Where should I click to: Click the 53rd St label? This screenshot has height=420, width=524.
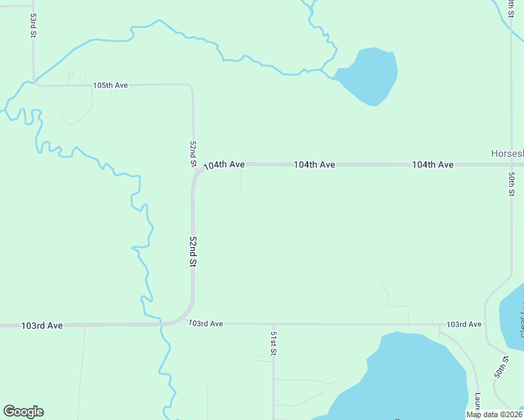[x=33, y=24]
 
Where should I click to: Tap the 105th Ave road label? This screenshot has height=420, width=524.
[x=111, y=85]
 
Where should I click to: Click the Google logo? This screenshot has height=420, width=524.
[x=23, y=412]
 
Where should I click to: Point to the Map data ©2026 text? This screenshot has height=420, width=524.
[x=494, y=414]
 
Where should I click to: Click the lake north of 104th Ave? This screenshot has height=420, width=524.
[x=369, y=75]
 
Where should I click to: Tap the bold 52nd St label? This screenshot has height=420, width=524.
[x=193, y=251]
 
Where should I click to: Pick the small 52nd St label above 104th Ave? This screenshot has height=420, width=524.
[x=193, y=153]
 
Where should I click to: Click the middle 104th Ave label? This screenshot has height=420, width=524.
[x=314, y=164]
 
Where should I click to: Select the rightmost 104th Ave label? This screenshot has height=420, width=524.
[x=432, y=164]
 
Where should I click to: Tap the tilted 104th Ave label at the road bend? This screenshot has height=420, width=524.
[x=223, y=165]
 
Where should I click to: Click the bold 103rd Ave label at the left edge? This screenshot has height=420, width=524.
[x=42, y=325]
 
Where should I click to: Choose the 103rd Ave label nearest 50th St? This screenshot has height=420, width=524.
[x=464, y=325]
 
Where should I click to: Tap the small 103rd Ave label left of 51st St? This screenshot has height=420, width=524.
[x=206, y=323]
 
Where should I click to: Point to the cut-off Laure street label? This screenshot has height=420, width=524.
[x=476, y=402]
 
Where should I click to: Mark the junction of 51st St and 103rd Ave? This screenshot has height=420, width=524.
[x=273, y=324]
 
